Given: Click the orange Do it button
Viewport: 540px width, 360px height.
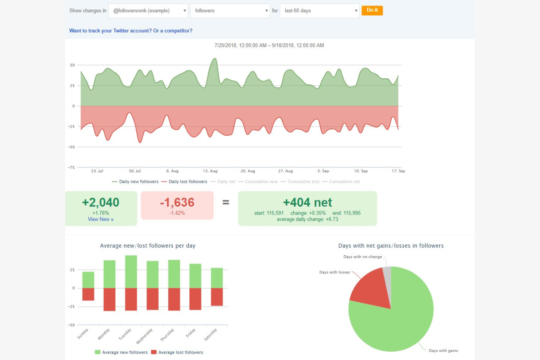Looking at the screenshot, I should click(372, 10).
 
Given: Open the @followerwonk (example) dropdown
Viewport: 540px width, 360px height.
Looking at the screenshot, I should click(148, 11).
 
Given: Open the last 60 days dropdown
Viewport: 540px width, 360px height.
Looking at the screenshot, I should click(319, 11).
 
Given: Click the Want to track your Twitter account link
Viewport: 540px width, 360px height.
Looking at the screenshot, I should click(131, 31).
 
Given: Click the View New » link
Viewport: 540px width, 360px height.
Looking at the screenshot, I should click(100, 219).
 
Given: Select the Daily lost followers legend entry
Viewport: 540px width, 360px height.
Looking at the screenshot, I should click(188, 182).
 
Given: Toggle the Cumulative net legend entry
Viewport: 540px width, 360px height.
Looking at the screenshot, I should click(344, 182).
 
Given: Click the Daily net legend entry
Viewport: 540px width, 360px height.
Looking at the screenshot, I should click(226, 182).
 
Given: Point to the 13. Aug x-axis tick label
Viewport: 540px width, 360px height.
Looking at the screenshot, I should click(210, 171).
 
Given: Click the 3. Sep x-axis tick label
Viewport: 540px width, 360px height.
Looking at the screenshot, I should click(323, 171).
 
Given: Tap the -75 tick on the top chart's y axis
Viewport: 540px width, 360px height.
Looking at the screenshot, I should click(71, 167).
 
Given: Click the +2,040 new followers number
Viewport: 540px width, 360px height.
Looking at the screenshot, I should click(101, 202).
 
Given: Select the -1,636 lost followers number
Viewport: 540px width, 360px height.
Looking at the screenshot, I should click(177, 202).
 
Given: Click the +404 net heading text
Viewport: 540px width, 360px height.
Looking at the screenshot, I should click(307, 202).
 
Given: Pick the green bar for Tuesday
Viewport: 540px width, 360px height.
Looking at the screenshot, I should click(131, 272).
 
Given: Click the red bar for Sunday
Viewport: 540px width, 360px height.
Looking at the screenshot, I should click(88, 294).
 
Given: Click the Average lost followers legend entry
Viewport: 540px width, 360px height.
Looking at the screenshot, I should click(180, 352).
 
